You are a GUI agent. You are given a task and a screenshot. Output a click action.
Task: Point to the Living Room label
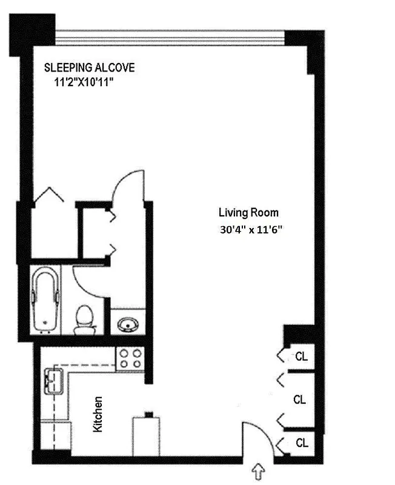coord(248,213)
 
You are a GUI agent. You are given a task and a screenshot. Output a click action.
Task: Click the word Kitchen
coord(98,414)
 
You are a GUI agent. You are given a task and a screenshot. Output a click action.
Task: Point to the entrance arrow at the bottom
coord(259,470)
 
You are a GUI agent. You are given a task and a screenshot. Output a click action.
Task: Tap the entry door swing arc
coord(254,435)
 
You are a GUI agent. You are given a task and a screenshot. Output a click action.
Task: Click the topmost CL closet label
coord(301,356)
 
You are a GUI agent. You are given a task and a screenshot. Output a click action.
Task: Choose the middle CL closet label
coord(299,400)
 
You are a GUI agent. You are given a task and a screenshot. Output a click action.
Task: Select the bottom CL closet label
coord(301,443)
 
